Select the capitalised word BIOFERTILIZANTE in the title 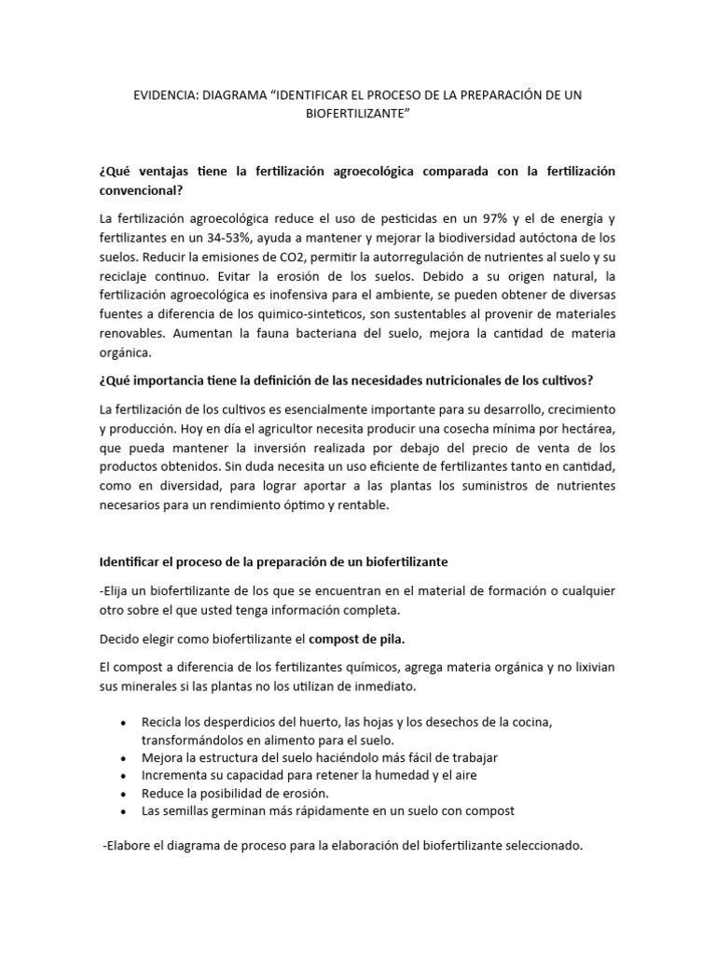[x=358, y=114]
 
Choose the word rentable [x=385, y=505]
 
